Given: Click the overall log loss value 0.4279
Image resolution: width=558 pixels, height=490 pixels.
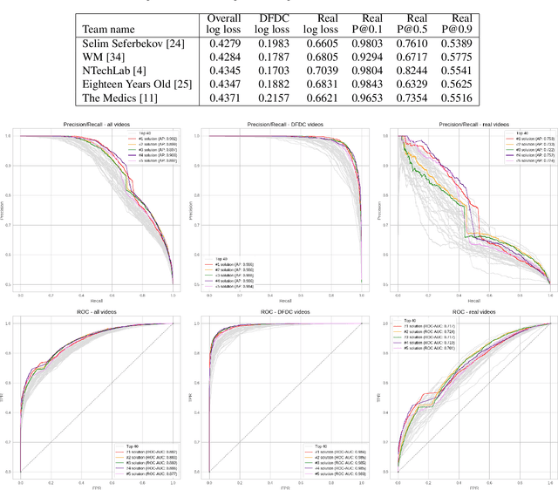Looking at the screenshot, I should pyautogui.click(x=223, y=43).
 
